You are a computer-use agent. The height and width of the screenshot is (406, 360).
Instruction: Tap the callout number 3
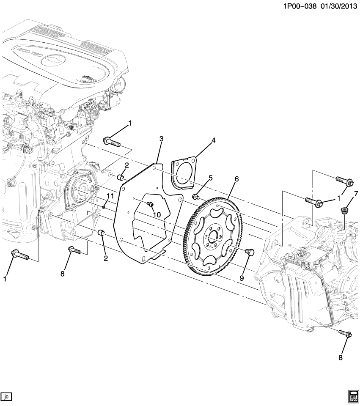pos(161,139)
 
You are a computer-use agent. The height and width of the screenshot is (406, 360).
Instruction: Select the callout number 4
pos(214,140)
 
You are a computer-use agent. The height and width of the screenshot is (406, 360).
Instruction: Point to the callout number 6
pos(236,179)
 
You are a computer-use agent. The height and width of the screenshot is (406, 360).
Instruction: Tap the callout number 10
pos(157,215)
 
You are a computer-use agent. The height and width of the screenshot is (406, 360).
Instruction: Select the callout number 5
pos(210,178)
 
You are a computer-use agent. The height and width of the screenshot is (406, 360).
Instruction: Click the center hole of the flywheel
pos(213,235)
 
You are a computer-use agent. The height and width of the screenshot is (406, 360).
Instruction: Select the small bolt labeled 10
pos(149,205)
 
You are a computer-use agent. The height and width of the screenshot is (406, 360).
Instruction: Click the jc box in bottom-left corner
pos(6,396)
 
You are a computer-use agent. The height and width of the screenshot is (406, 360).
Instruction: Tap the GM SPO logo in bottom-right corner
pos(352,395)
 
